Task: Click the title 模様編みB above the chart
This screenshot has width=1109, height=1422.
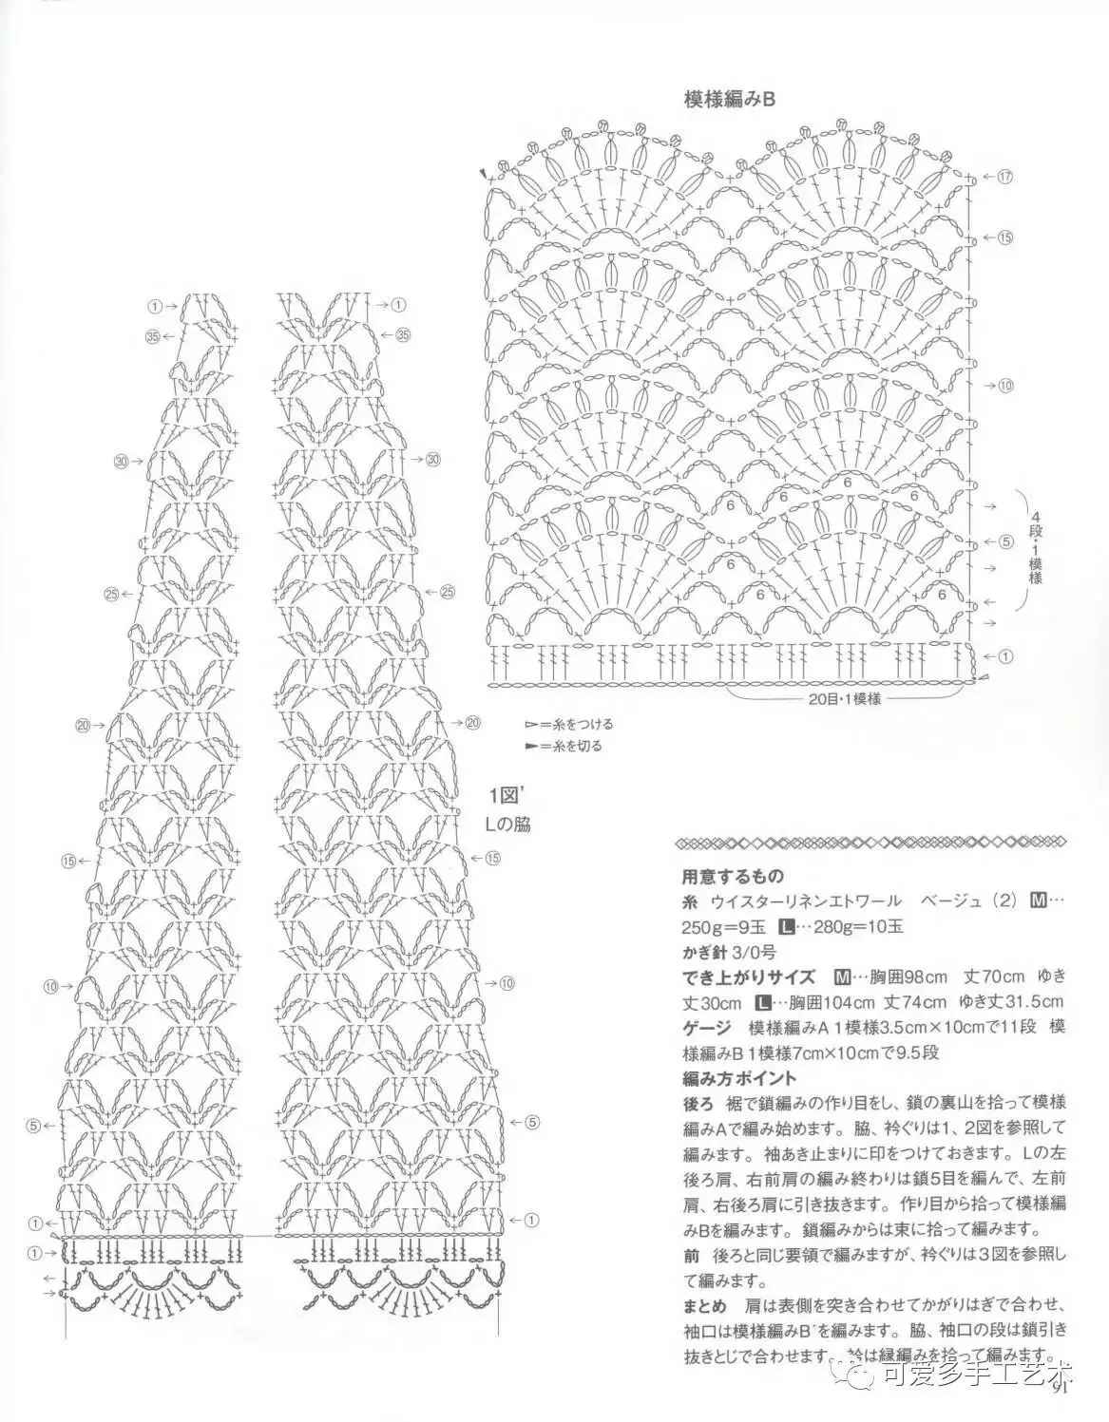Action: (730, 100)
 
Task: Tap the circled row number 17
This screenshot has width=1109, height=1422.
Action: (1006, 177)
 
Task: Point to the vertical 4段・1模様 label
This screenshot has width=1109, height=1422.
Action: (1036, 551)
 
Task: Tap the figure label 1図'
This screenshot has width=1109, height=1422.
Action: (502, 795)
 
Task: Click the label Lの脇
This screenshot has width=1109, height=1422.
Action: (507, 825)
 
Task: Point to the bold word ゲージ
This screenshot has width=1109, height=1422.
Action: (707, 1028)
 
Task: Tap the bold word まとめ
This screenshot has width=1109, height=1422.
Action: (705, 1303)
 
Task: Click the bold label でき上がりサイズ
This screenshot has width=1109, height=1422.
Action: (749, 977)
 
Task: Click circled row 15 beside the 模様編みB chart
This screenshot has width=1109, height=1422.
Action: (1006, 237)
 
